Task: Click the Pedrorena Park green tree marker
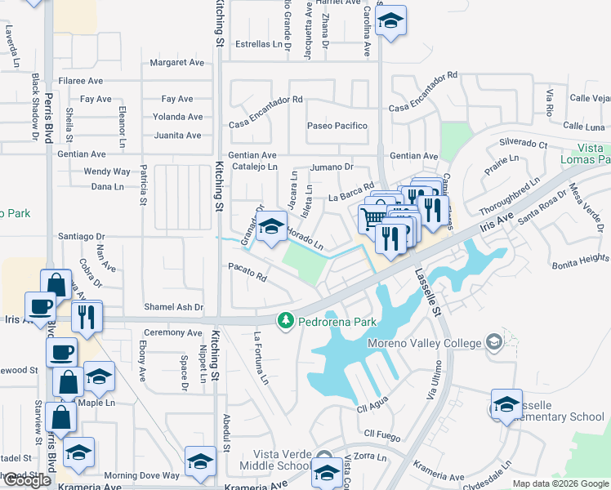[285, 320]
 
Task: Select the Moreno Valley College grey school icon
[493, 341]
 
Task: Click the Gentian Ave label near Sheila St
[81, 154]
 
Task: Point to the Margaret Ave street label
[177, 62]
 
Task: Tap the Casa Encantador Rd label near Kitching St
[265, 122]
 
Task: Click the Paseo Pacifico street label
[337, 126]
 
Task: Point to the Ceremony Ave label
[172, 333]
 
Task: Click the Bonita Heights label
[580, 259]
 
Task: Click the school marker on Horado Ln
[271, 228]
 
